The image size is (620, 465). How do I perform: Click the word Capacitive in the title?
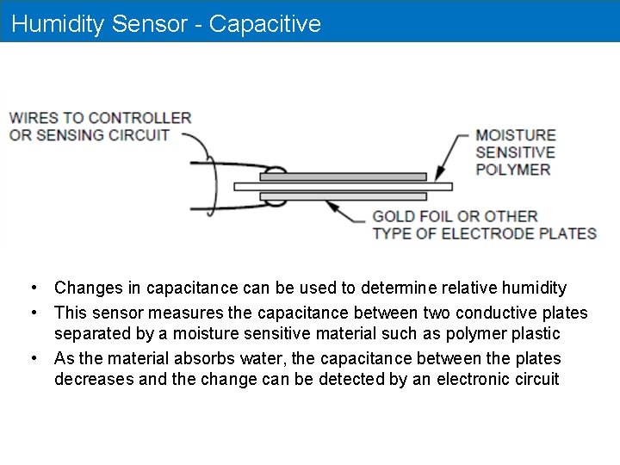264,23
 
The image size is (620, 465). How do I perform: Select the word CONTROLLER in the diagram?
139,118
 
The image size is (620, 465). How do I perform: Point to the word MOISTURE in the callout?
516,135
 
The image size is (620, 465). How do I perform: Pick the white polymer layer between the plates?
344,186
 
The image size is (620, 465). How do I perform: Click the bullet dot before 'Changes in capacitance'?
31,288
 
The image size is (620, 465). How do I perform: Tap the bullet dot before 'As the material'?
31,358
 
